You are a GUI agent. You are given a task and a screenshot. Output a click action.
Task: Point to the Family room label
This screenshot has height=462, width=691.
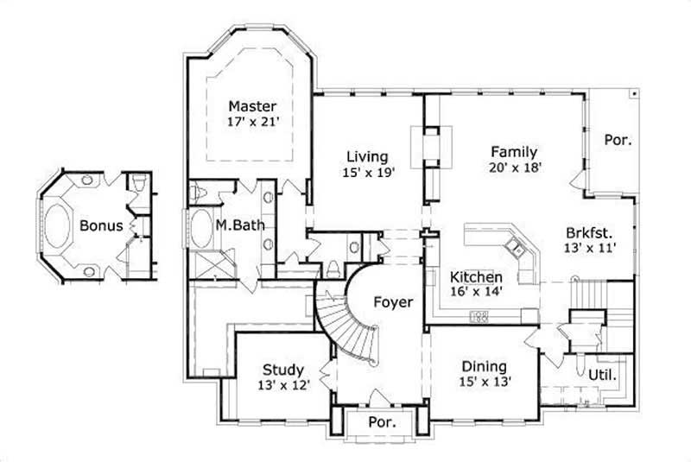pyautogui.click(x=513, y=151)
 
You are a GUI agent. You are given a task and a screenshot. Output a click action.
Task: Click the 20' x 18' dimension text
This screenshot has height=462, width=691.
pyautogui.click(x=514, y=168)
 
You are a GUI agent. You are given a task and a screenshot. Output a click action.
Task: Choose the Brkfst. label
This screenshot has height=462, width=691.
pyautogui.click(x=591, y=231)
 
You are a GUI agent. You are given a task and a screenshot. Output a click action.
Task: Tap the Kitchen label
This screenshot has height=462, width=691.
pyautogui.click(x=476, y=277)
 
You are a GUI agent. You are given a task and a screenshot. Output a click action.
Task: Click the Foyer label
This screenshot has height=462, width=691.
pyautogui.click(x=392, y=302)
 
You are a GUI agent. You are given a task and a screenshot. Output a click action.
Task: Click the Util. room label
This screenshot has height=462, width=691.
pyautogui.click(x=602, y=376)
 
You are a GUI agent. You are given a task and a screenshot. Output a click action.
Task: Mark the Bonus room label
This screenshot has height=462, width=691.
pyautogui.click(x=101, y=225)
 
